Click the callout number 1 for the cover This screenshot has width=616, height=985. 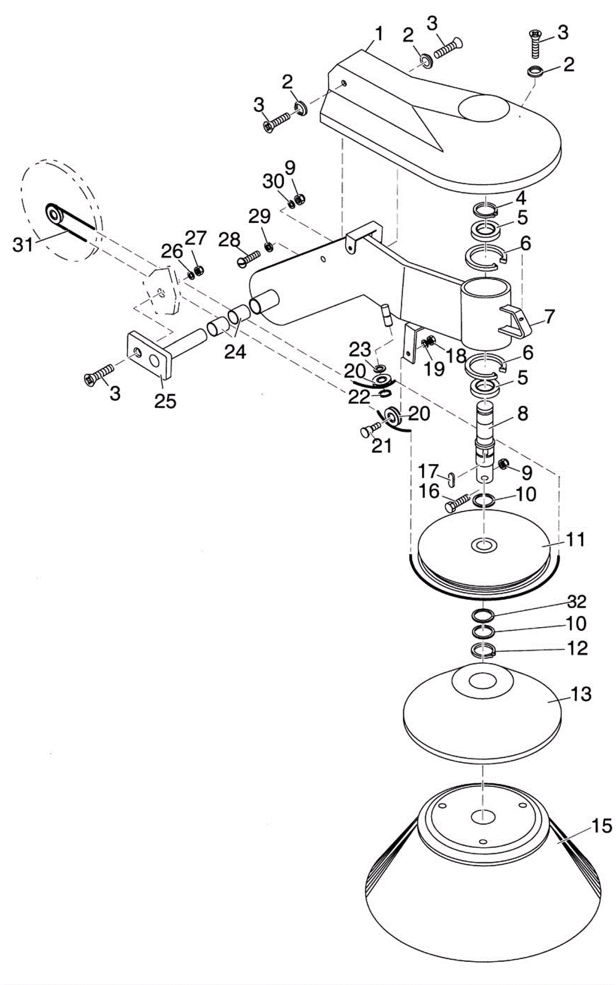[x=378, y=35]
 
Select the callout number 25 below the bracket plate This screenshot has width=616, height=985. [x=166, y=401]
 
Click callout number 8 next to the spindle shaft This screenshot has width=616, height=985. [x=522, y=413]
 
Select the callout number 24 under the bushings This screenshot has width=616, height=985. [x=236, y=351]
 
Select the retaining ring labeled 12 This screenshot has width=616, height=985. [x=483, y=650]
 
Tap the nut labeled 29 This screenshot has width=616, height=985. [x=268, y=246]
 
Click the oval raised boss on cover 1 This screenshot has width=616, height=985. [x=484, y=108]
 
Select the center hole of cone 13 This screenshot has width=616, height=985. [x=482, y=680]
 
